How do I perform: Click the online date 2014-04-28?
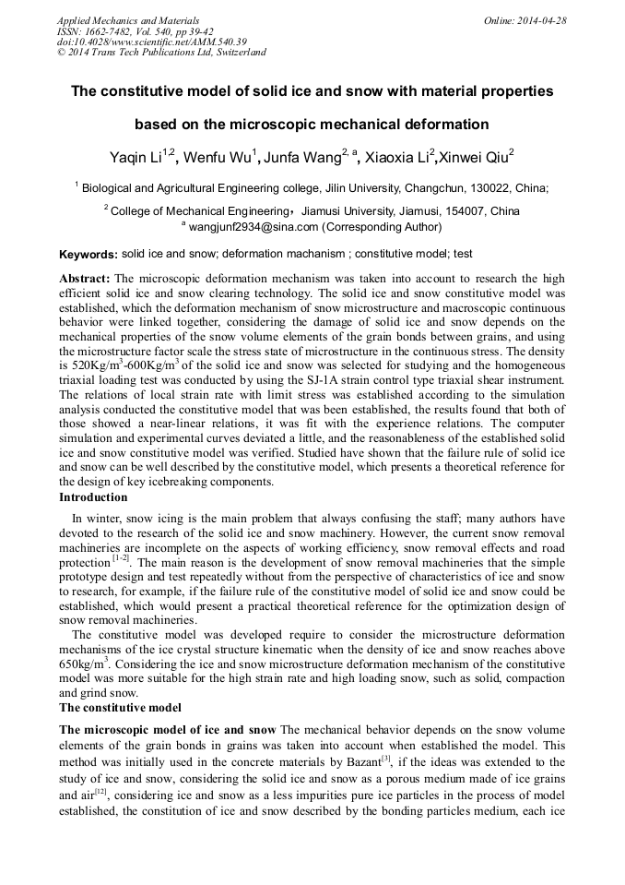544,19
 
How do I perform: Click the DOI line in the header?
151,42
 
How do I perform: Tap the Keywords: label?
88,254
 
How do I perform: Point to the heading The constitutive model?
120,708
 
